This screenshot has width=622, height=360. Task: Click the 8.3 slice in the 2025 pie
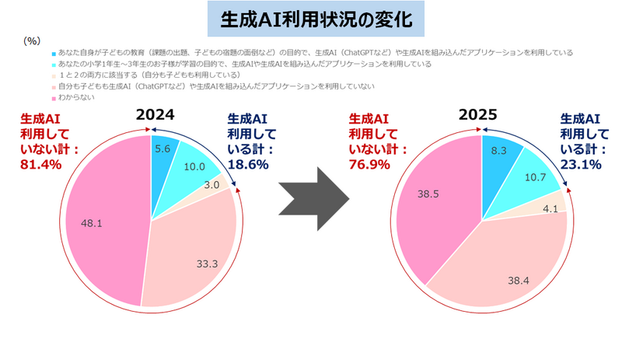pyautogui.click(x=496, y=152)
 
